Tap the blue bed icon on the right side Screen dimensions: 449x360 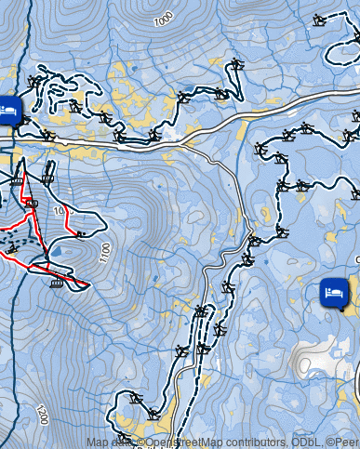coord(334,293)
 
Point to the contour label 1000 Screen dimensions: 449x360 coord(164,19)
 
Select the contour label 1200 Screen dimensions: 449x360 coord(41,415)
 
